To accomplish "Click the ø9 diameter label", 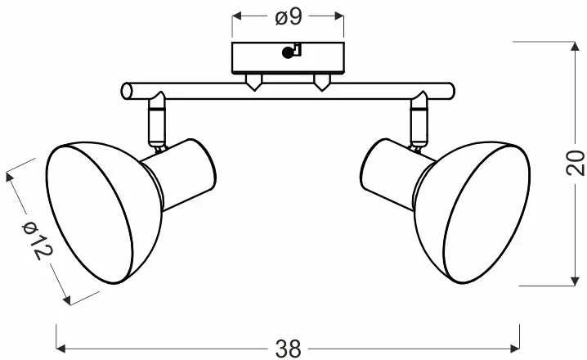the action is coord(288,16).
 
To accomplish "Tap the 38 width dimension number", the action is coord(288,349).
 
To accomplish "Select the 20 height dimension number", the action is coord(575,163).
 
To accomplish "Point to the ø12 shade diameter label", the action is coord(38,241).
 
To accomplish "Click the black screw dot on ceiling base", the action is coord(288,53).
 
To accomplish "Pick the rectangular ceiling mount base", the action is coord(288,58).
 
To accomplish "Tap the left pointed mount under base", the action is coord(253,82).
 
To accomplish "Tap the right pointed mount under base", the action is coord(321,82).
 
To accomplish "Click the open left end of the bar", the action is coord(127,91).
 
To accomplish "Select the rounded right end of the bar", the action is coord(450,91).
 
